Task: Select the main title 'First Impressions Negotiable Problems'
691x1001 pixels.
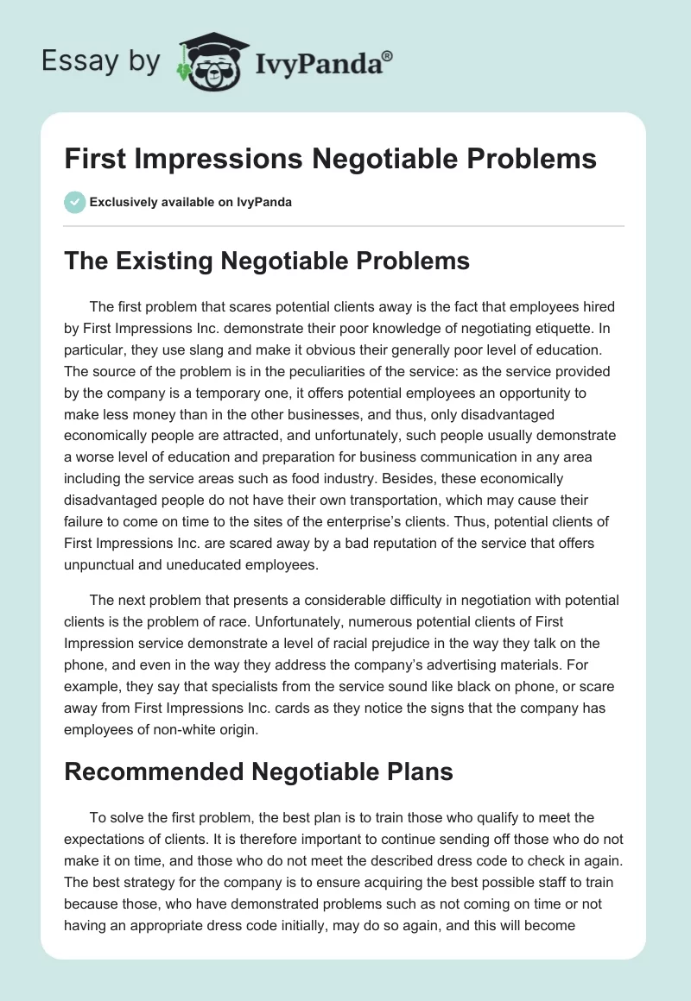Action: pos(331,159)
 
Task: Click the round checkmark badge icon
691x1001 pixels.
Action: pos(74,202)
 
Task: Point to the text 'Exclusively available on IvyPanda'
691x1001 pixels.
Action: pos(191,203)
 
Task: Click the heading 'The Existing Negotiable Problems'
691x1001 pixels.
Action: pos(267,261)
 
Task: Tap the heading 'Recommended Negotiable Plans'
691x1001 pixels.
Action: pos(258,771)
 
